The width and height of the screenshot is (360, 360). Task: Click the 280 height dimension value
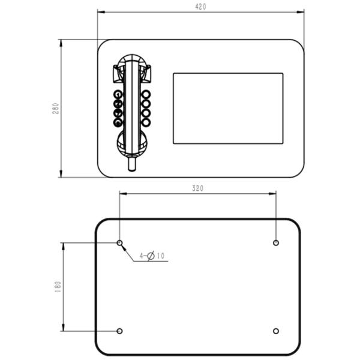click(x=55, y=109)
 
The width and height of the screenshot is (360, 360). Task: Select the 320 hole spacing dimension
click(x=197, y=188)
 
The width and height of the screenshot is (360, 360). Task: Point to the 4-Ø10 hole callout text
click(x=152, y=256)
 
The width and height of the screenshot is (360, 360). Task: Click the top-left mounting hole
click(x=120, y=242)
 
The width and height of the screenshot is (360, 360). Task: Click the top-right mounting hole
click(x=275, y=242)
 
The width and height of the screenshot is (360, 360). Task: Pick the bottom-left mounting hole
click(x=120, y=331)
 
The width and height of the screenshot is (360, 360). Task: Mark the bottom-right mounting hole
click(x=275, y=331)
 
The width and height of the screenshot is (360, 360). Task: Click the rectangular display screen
click(x=228, y=109)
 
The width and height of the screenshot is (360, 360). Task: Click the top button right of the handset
click(x=146, y=94)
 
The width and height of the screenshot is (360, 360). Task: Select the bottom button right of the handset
click(x=146, y=122)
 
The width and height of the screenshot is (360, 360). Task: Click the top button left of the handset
click(x=118, y=94)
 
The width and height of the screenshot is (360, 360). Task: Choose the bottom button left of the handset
click(x=118, y=122)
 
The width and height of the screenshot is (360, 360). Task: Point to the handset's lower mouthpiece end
click(x=133, y=142)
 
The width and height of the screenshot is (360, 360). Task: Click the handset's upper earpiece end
click(x=133, y=64)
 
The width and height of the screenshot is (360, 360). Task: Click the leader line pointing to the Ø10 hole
click(x=127, y=251)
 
